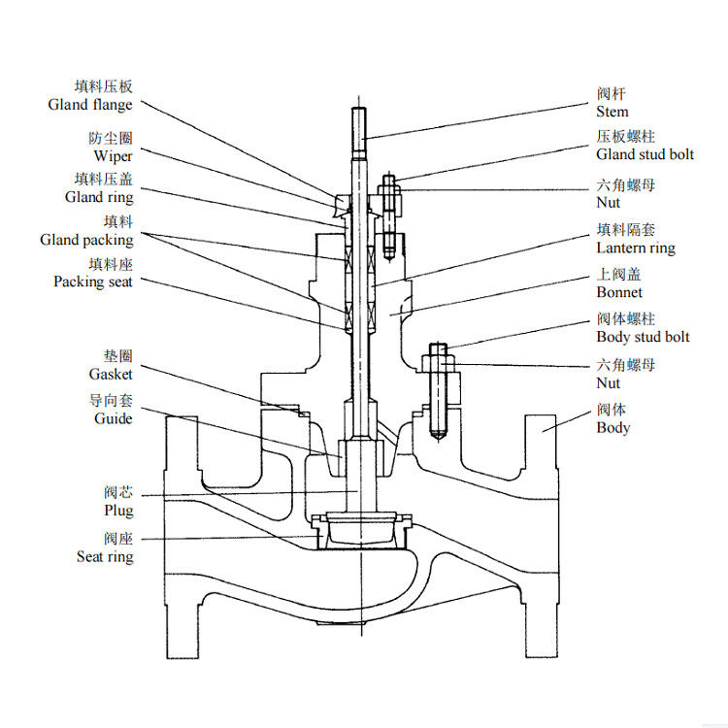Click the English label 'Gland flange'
[89, 105]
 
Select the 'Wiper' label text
[113, 156]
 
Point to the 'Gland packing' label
[86, 240]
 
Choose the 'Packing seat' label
[93, 281]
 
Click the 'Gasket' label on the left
[111, 374]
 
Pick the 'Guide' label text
[113, 418]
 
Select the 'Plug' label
[118, 511]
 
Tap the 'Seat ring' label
[105, 557]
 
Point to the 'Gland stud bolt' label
[645, 155]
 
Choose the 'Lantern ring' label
[635, 248]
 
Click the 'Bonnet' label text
[619, 292]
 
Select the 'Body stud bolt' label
[643, 337]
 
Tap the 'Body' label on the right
[612, 428]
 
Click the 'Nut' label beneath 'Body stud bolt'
[608, 383]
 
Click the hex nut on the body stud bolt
[438, 363]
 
